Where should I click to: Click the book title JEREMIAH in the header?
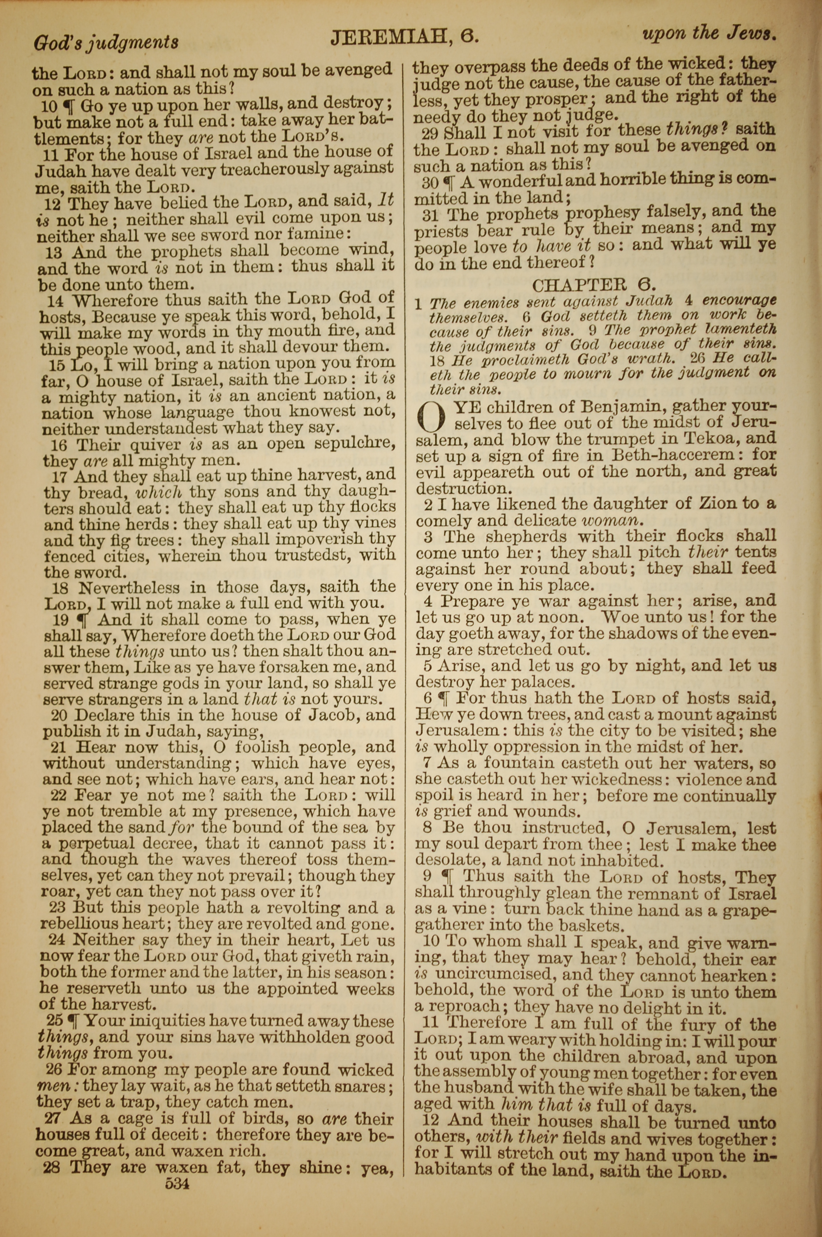[386, 38]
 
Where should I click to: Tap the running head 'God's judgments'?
[105, 42]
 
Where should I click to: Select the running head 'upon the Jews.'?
[709, 34]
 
